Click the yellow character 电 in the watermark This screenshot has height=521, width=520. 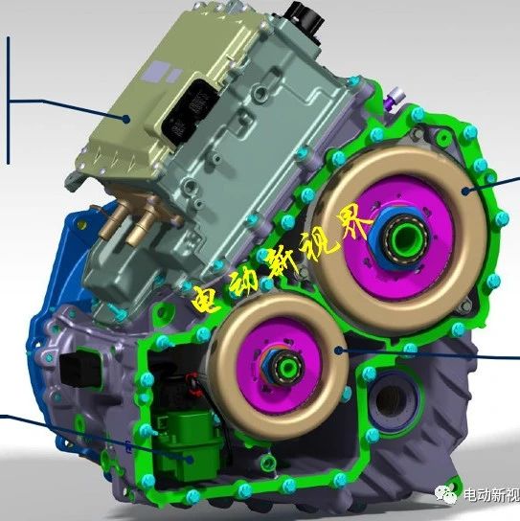[x=208, y=298]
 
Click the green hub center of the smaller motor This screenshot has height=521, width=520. [x=288, y=367]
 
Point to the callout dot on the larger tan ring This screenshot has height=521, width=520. [x=466, y=191]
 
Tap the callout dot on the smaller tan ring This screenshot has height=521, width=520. [x=339, y=350]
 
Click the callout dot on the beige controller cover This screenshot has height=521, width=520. [x=126, y=119]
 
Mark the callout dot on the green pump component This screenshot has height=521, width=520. [x=190, y=460]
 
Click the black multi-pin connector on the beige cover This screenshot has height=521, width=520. [x=190, y=111]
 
